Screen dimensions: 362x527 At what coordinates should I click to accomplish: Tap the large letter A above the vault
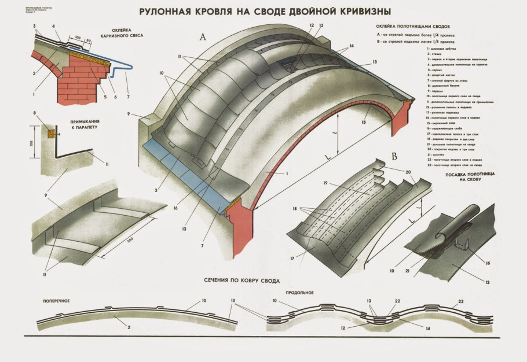(203, 37)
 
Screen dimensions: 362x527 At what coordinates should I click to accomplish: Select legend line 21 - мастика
(438, 172)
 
